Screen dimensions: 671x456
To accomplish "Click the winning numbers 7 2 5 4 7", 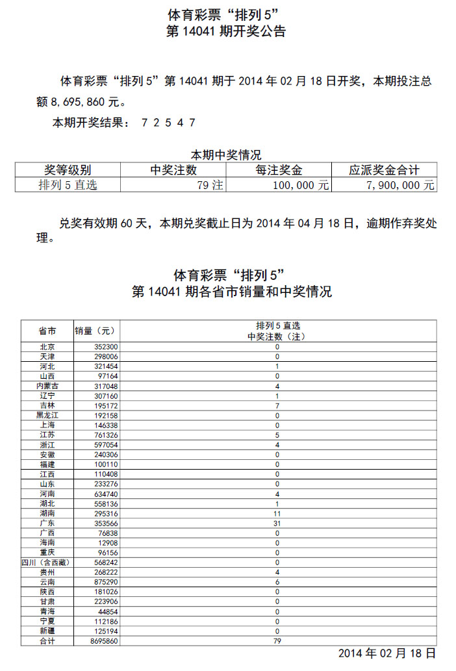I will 168,123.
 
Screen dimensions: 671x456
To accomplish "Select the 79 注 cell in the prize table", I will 210,185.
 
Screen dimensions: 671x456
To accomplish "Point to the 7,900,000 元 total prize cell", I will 401,185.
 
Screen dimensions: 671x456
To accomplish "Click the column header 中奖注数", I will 173,171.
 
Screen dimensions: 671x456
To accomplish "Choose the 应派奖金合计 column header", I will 384,171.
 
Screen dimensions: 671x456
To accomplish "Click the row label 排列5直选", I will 68,185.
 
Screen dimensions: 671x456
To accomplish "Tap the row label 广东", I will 47,524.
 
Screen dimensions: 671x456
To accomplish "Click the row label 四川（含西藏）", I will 47,563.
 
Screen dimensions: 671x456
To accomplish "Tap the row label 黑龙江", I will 47,415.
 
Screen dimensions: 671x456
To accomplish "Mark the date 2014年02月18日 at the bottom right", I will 386,653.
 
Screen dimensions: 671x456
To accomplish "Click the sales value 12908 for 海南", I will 107,543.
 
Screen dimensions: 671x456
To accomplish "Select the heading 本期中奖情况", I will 225,155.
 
